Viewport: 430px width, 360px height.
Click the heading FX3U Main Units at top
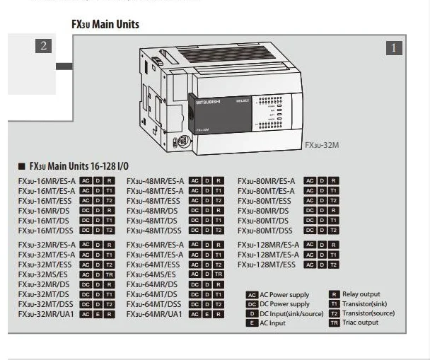point(105,25)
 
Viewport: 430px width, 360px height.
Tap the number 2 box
point(43,47)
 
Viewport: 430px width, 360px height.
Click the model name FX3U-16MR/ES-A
point(47,181)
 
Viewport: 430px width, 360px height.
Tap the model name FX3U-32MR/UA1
point(46,313)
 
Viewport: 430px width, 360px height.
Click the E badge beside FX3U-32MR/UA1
point(96,314)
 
